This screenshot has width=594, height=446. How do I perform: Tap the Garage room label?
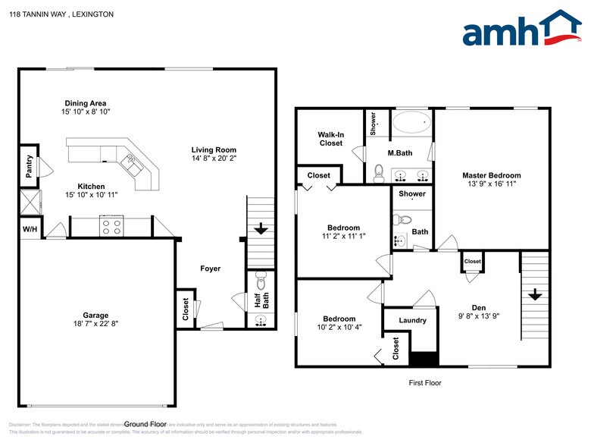[x=95, y=315]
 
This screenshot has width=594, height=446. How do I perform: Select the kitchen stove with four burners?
[x=112, y=225]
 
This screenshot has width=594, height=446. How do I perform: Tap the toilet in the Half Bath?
[x=261, y=278]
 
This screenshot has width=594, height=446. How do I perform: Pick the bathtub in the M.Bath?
[x=413, y=122]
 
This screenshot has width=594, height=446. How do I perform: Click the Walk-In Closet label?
[x=330, y=139]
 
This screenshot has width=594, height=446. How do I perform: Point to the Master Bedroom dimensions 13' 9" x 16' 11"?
[x=492, y=184]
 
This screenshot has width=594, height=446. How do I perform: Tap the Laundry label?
[x=412, y=320]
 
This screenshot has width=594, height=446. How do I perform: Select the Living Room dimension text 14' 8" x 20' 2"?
[x=214, y=159]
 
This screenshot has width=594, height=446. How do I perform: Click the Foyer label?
[x=211, y=269]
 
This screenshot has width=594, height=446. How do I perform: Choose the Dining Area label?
[x=85, y=103]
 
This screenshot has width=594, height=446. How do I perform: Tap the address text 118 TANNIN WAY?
[x=41, y=14]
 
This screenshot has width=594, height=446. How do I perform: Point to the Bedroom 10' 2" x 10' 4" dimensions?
[x=339, y=328]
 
